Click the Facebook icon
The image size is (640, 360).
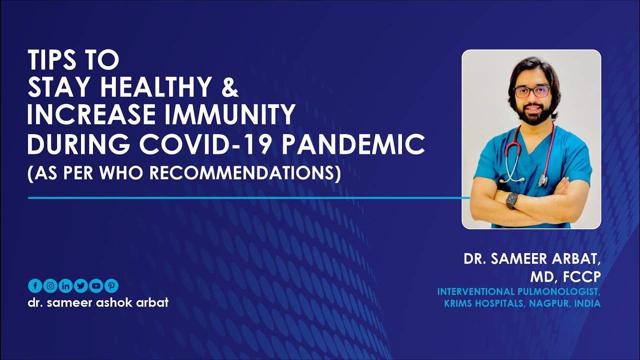click(35, 285)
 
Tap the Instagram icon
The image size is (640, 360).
click(50, 285)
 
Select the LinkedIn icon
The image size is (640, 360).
click(65, 285)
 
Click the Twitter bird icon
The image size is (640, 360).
click(81, 285)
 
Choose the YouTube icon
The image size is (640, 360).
click(96, 285)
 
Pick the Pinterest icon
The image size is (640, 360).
click(111, 285)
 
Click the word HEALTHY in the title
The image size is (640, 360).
click(155, 86)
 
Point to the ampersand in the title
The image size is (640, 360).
click(230, 86)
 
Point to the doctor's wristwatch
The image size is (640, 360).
click(511, 200)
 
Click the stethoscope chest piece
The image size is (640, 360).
click(543, 180)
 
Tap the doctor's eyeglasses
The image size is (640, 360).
click(531, 92)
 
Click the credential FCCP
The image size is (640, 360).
click(582, 276)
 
